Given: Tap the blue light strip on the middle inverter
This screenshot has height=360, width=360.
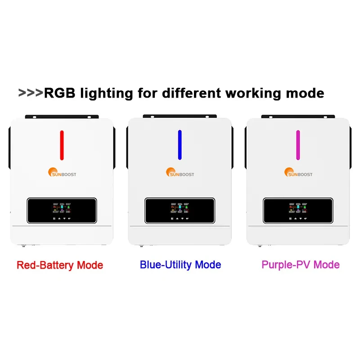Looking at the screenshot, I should tap(180, 145).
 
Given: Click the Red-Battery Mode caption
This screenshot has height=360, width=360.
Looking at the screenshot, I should tap(60, 265).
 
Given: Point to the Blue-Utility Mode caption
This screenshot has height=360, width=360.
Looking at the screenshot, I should tap(180, 265).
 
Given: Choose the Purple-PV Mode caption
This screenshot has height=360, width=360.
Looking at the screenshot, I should tap(301, 265).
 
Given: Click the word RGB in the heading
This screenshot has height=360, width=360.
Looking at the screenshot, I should tap(59, 93).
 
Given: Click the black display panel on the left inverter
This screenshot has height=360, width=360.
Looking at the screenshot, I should tap(61, 211).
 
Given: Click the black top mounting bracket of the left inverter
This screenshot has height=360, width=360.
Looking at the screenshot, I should tap(62, 117).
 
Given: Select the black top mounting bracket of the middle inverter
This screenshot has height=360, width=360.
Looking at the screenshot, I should tap(180, 117).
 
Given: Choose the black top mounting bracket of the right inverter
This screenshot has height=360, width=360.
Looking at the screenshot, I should tap(298, 117).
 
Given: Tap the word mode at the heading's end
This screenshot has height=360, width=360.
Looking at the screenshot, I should tap(307, 93).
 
